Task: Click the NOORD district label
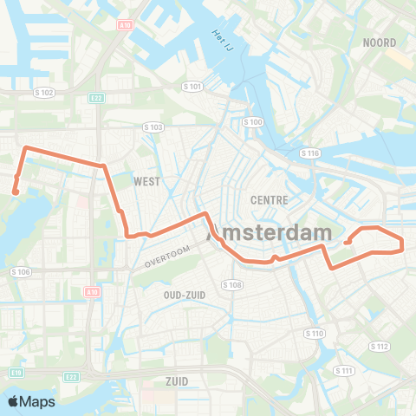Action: [380, 42]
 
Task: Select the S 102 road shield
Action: [43, 93]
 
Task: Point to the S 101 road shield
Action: [192, 87]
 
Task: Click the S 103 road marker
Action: [153, 127]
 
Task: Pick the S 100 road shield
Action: [253, 122]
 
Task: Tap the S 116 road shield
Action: [310, 153]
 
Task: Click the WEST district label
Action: [147, 182]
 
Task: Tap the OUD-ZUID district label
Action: [185, 295]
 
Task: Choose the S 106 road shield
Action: [21, 272]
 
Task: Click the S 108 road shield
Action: [231, 284]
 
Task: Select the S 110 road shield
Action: [314, 333]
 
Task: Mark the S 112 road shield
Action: [379, 346]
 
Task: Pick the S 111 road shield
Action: [344, 370]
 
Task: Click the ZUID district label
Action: [177, 380]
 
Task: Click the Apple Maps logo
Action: [31, 401]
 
